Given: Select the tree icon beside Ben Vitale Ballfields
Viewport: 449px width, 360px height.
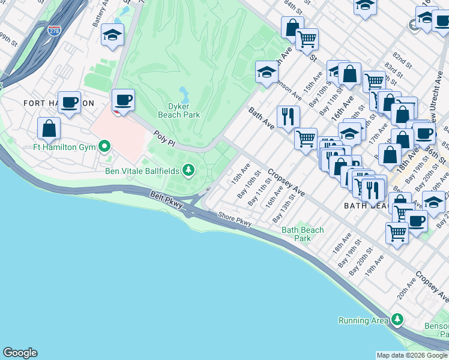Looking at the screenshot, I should point(189,171).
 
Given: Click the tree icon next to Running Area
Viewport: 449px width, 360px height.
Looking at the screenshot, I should point(396,320).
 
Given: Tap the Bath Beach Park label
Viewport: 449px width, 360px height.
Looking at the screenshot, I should point(303,234).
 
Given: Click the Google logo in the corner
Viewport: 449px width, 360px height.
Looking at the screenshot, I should point(20,353).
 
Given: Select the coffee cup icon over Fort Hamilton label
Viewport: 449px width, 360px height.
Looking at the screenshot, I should point(69,101).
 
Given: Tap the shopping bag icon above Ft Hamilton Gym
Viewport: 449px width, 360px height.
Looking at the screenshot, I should point(49,127).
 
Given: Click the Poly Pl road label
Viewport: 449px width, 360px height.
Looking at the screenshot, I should point(164,137).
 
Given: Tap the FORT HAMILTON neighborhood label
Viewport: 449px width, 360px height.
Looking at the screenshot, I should point(59,103).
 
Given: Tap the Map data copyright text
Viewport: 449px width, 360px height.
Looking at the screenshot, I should point(412,355).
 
